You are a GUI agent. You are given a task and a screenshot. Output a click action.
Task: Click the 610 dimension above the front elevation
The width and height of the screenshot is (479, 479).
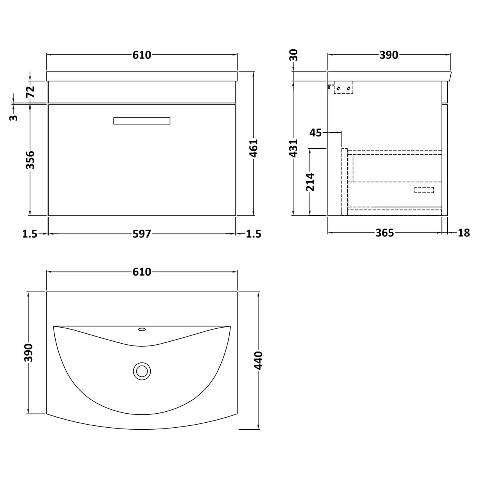tap(142, 55)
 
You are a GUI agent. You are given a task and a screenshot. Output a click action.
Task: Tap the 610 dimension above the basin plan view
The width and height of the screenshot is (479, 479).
tap(142, 272)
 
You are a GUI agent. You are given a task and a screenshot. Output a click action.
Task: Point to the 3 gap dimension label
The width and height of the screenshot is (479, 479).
tap(14, 117)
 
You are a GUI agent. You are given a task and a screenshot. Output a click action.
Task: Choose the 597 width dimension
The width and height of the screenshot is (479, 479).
tap(142, 234)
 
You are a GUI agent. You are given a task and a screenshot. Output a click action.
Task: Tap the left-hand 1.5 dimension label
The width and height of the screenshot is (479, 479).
tap(30, 234)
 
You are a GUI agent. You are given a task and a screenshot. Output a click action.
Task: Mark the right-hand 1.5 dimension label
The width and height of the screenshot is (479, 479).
tap(253, 234)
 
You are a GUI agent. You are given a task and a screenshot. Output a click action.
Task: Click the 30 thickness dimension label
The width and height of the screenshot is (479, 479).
tap(294, 55)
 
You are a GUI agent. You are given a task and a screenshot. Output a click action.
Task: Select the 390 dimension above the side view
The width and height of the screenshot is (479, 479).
tap(389, 55)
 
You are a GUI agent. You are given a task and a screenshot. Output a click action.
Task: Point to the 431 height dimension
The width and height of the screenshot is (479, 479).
tap(294, 148)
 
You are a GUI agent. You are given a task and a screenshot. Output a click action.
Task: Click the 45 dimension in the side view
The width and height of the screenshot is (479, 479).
tap(315, 133)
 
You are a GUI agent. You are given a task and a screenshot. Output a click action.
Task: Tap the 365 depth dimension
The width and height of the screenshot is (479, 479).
tap(384, 233)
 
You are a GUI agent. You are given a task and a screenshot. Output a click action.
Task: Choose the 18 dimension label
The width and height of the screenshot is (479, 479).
tap(463, 233)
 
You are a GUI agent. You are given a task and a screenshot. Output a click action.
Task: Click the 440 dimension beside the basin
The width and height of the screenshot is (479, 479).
tap(259, 360)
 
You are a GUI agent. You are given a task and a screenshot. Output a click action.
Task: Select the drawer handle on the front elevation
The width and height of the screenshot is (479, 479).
tap(142, 121)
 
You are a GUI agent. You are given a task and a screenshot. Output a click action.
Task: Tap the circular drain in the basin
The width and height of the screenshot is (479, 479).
tap(142, 370)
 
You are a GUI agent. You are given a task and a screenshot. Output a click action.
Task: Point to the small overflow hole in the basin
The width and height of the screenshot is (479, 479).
tap(142, 330)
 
